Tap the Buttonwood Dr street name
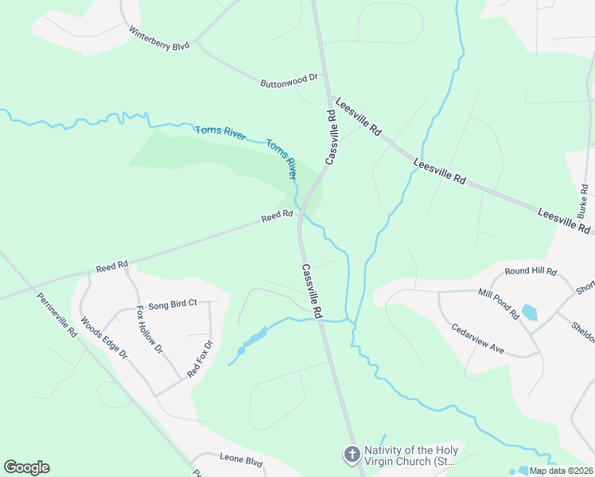pyautogui.click(x=289, y=80)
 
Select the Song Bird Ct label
pyautogui.click(x=172, y=304)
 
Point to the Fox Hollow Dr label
pyautogui.click(x=150, y=329)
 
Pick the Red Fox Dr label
pyautogui.click(x=200, y=359)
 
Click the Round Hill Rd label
pyautogui.click(x=531, y=271)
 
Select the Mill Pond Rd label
pyautogui.click(x=499, y=304)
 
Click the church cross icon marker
pyautogui.click(x=351, y=455)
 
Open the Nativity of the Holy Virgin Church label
pyautogui.click(x=410, y=456)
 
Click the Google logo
pyautogui.click(x=26, y=467)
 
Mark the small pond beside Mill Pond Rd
pyautogui.click(x=529, y=312)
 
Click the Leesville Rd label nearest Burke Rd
pyautogui.click(x=565, y=221)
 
